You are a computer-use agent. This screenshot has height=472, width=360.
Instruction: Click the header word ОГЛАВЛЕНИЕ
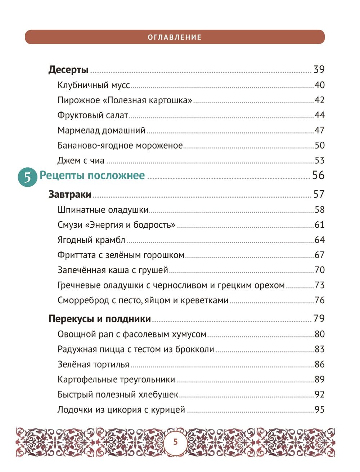[x=175, y=37]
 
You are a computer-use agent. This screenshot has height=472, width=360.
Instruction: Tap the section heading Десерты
[x=68, y=69]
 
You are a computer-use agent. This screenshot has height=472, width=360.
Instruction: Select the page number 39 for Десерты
[x=319, y=69]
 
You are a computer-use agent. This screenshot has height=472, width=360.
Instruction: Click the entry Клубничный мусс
[x=94, y=85]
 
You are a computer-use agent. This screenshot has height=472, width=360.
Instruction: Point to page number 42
[x=320, y=100]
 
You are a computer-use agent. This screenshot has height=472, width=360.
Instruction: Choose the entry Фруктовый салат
[x=93, y=115]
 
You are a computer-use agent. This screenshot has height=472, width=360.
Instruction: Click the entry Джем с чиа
[x=81, y=160]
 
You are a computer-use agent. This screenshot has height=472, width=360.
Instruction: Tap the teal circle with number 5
[x=27, y=177]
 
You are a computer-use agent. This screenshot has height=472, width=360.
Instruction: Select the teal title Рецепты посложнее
[x=92, y=176]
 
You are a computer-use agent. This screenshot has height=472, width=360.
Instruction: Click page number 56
[x=318, y=175]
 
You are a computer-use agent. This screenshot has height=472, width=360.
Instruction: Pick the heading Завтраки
[x=70, y=195]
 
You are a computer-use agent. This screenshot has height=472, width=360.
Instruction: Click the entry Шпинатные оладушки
[x=103, y=210]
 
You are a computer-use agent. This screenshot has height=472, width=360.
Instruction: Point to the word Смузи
[x=70, y=225]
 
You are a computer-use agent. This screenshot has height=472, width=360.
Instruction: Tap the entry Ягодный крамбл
[x=91, y=240]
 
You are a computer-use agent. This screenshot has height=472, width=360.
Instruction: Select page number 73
[x=320, y=285]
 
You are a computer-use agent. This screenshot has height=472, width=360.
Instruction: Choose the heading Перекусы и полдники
[x=100, y=319]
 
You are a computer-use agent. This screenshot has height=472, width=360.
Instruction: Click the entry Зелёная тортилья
[x=93, y=364]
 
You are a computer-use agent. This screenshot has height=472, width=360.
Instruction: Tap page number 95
[x=320, y=410]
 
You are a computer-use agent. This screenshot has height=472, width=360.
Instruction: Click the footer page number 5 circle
[x=175, y=442]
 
